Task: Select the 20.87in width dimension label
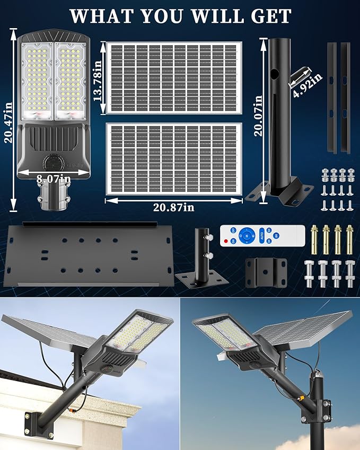(x=173, y=207)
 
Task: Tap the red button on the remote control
(x=226, y=241)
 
